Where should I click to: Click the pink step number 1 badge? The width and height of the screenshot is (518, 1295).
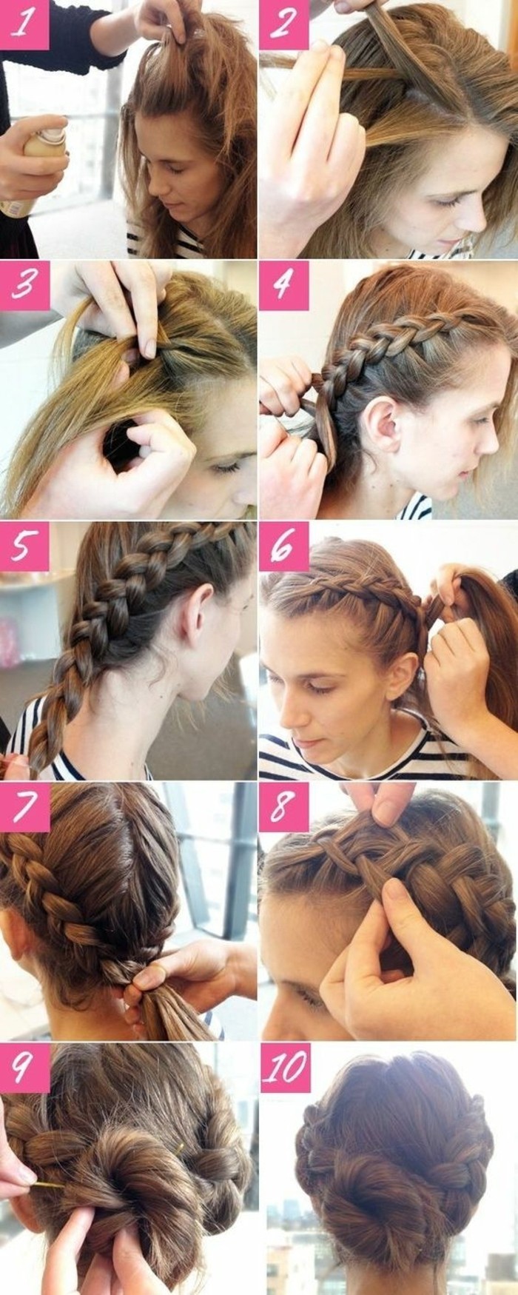24,24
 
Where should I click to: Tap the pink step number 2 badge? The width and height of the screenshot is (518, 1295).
283,24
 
